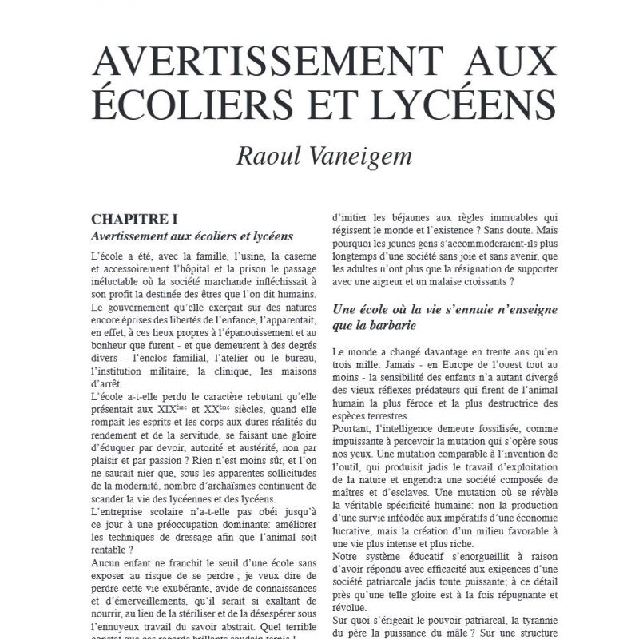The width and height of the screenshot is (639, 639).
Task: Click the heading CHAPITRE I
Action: tap(133, 218)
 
